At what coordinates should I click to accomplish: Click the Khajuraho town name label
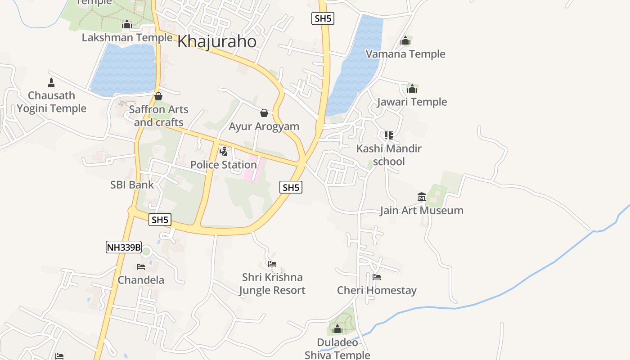click(217, 41)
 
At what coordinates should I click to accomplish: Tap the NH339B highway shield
click(124, 247)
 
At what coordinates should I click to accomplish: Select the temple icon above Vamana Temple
click(406, 41)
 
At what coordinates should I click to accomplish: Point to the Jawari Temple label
click(412, 102)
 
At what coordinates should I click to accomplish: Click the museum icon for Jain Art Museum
click(422, 197)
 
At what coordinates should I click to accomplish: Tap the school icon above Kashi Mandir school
click(389, 135)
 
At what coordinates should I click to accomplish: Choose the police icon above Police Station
click(223, 151)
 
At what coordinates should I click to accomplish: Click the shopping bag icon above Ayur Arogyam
click(264, 112)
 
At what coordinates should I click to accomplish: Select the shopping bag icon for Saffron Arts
click(158, 96)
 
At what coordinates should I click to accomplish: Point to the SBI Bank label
click(132, 184)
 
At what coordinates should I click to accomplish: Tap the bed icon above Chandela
click(141, 266)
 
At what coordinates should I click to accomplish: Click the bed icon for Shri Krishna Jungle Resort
click(272, 264)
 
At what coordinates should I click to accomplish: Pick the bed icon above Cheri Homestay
click(377, 277)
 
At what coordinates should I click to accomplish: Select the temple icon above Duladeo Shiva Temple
click(337, 329)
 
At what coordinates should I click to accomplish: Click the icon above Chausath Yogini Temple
click(51, 82)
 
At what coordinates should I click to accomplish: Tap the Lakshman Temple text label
click(127, 37)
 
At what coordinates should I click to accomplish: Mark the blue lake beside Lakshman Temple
click(124, 70)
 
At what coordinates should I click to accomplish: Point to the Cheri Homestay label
click(377, 290)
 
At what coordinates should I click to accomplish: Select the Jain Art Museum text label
click(422, 210)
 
